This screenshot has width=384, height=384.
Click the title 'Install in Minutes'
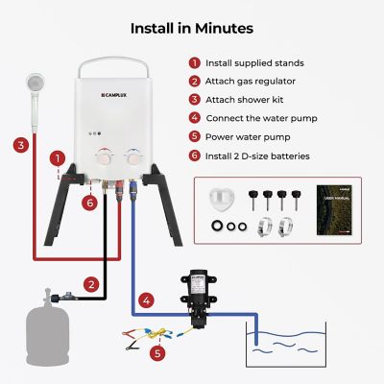[x=192, y=28]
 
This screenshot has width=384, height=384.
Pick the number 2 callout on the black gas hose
[x=90, y=284]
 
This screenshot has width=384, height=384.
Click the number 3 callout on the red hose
[x=19, y=145]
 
